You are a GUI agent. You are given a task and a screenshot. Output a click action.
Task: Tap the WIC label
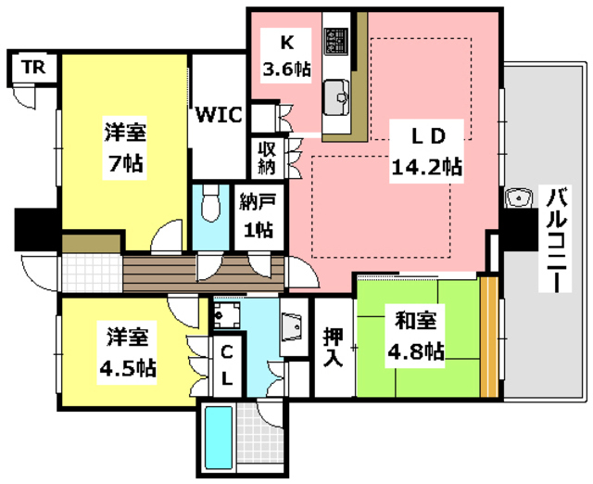[x=219, y=116]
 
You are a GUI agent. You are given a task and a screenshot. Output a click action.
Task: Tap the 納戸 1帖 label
[x=254, y=215]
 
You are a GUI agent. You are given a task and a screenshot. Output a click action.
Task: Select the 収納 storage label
[x=266, y=159]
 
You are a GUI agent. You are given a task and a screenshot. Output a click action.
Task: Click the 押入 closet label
[x=333, y=347]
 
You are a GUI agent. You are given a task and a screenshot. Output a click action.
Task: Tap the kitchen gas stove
[x=334, y=41]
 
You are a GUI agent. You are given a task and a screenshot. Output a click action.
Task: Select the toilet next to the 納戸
[x=210, y=203]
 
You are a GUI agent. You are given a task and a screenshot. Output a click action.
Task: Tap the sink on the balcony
[x=519, y=198]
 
